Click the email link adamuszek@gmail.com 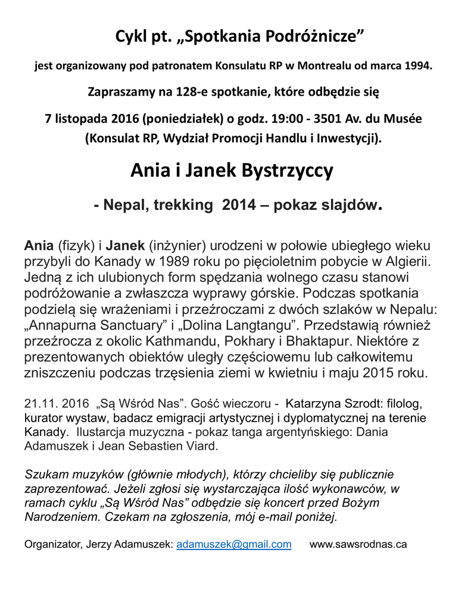(x=234, y=544)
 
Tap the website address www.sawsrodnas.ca (x=358, y=544)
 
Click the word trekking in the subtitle (x=182, y=206)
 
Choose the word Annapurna (x=64, y=326)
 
